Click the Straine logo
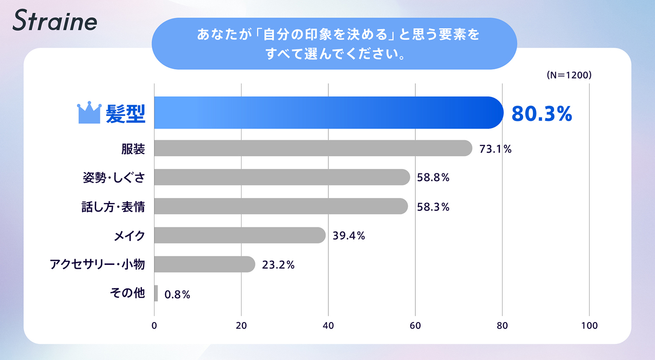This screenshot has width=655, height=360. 55,21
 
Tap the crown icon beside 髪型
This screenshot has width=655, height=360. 89,113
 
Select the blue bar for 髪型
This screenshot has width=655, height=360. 327,113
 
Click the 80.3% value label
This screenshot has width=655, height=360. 541,113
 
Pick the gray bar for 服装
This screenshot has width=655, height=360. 313,148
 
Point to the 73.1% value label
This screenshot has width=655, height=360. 495,149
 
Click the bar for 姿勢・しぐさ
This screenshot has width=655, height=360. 282,177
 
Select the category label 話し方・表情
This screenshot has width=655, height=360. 113,207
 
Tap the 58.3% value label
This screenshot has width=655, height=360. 433,207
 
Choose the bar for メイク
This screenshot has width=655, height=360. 239,235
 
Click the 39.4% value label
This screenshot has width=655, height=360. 348,236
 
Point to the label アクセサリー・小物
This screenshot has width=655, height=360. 97,264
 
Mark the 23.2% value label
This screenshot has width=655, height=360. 278,265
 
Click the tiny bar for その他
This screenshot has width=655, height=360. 156,293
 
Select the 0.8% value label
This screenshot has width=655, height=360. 177,295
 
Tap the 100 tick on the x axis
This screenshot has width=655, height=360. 589,326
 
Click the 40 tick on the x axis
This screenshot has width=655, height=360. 328,326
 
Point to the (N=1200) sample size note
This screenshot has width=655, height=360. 569,75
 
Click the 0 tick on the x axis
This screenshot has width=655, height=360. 154,326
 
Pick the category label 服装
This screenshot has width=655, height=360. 133,149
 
